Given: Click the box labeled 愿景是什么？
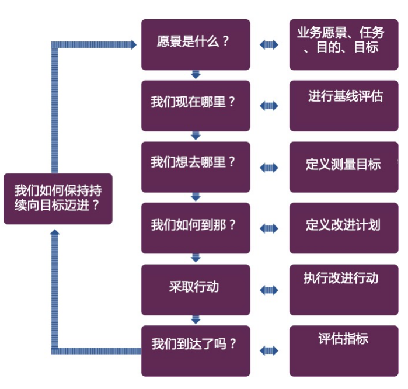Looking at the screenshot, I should point(196,44).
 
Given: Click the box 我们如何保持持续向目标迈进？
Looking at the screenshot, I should point(58,199).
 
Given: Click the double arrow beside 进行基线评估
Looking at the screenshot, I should point(269,106).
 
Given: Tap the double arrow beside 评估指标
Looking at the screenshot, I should point(269,350).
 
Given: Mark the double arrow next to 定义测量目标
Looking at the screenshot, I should point(269,168).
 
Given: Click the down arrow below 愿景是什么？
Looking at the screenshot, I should point(196,75).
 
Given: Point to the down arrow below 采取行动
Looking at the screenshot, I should point(196,319).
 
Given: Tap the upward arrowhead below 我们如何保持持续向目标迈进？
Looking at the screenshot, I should point(55,232).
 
